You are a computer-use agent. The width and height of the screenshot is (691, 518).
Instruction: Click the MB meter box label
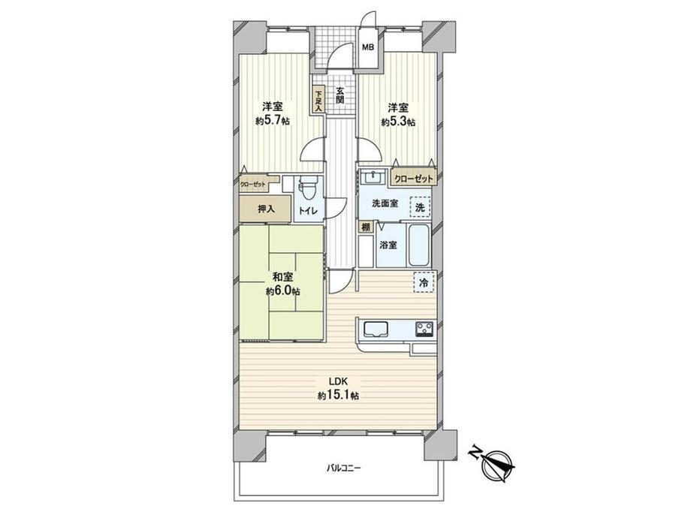[x=368, y=47]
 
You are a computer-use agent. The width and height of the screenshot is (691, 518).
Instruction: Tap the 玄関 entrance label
[x=340, y=95]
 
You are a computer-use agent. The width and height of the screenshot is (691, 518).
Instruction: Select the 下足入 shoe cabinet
[x=318, y=101]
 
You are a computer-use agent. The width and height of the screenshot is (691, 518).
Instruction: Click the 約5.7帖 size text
[x=273, y=121]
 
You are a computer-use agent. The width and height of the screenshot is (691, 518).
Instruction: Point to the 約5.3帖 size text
[x=398, y=122]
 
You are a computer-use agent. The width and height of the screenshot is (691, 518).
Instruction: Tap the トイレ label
[x=308, y=211]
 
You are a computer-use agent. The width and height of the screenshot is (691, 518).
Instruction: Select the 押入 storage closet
[x=265, y=209]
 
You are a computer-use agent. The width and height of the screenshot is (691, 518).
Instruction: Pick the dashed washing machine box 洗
[x=421, y=207]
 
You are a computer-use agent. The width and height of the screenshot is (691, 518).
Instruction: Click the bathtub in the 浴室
[x=418, y=245]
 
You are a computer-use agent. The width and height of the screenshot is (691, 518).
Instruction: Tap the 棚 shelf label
[x=365, y=227]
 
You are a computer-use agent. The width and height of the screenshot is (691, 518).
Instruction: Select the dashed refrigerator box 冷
[x=424, y=282]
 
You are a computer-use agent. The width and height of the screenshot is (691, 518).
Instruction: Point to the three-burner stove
[x=424, y=328]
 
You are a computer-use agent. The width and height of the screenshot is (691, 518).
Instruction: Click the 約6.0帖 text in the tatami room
[x=283, y=291]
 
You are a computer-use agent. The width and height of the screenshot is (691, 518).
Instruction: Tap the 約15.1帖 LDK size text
[x=338, y=396]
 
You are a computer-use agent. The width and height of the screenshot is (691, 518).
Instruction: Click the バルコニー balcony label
[x=343, y=468]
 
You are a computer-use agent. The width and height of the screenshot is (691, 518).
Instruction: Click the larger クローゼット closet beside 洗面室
[x=413, y=179]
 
